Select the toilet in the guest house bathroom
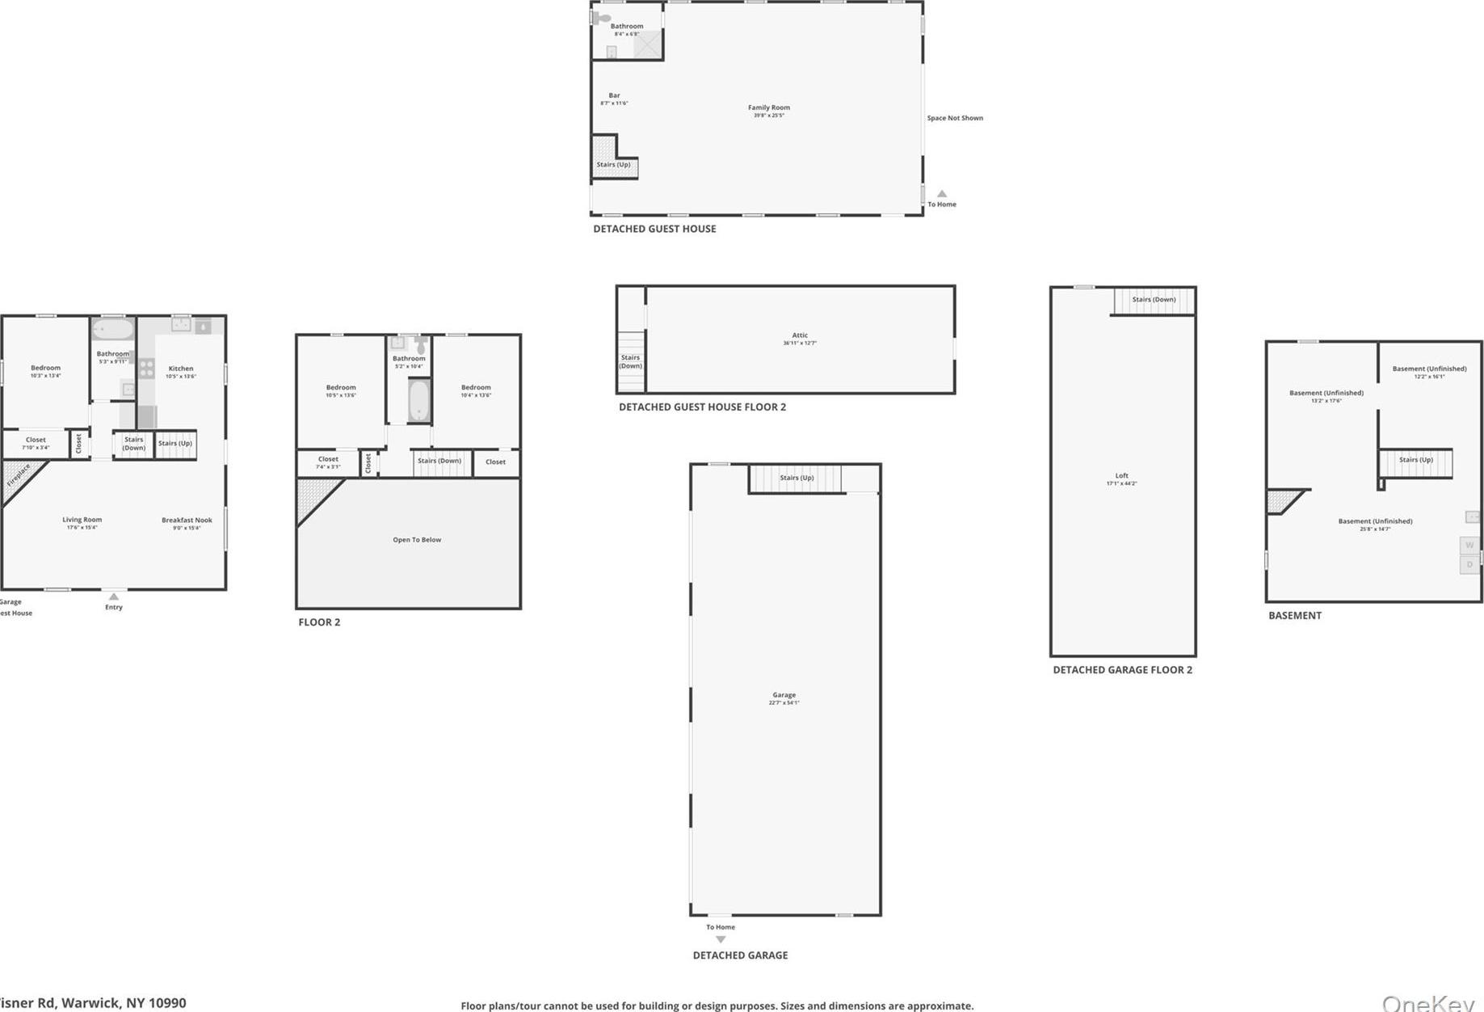point(602,18)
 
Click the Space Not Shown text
point(955,118)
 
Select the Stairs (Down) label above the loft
point(1154,300)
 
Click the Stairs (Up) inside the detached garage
point(797,478)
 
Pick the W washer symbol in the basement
point(1469,545)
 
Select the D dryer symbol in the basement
point(1469,564)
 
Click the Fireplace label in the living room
point(19,475)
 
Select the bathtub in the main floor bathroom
point(112,330)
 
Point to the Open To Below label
point(417,540)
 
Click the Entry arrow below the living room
point(114,597)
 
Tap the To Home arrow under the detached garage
point(721,939)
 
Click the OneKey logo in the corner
point(1427,1002)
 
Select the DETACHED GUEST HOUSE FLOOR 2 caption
point(702,407)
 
